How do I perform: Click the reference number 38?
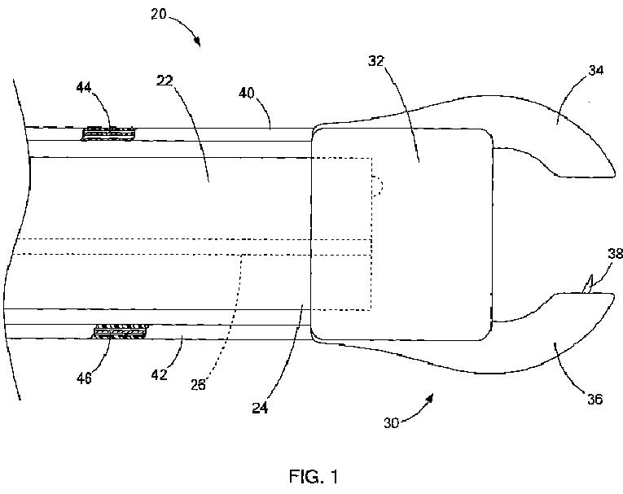615,254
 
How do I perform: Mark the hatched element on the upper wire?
111,132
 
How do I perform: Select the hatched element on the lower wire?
121,331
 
